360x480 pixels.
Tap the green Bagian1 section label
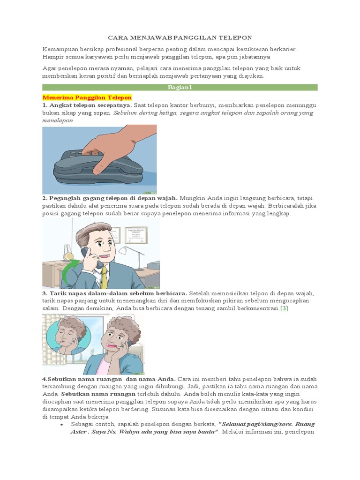[180, 88]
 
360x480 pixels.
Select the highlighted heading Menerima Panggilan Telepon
[87, 97]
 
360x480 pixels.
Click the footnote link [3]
[285, 308]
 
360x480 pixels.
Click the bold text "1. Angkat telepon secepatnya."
[87, 105]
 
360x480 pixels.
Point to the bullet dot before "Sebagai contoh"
[62, 425]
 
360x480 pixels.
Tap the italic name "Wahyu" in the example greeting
[128, 432]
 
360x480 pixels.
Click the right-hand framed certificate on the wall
[136, 235]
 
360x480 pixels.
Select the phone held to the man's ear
[91, 258]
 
